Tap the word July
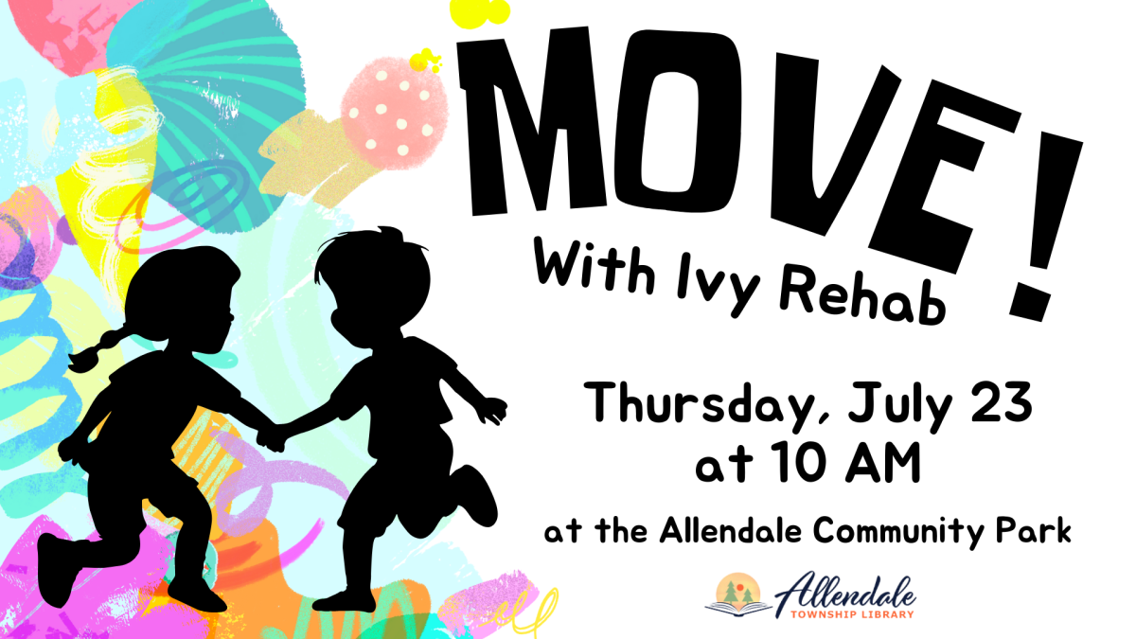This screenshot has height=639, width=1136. pyautogui.click(x=894, y=407)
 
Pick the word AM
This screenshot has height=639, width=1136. pyautogui.click(x=879, y=465)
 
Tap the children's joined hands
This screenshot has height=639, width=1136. pyautogui.click(x=275, y=435)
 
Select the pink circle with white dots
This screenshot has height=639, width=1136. pyautogui.click(x=387, y=108)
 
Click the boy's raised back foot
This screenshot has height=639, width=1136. pyautogui.click(x=477, y=493)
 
